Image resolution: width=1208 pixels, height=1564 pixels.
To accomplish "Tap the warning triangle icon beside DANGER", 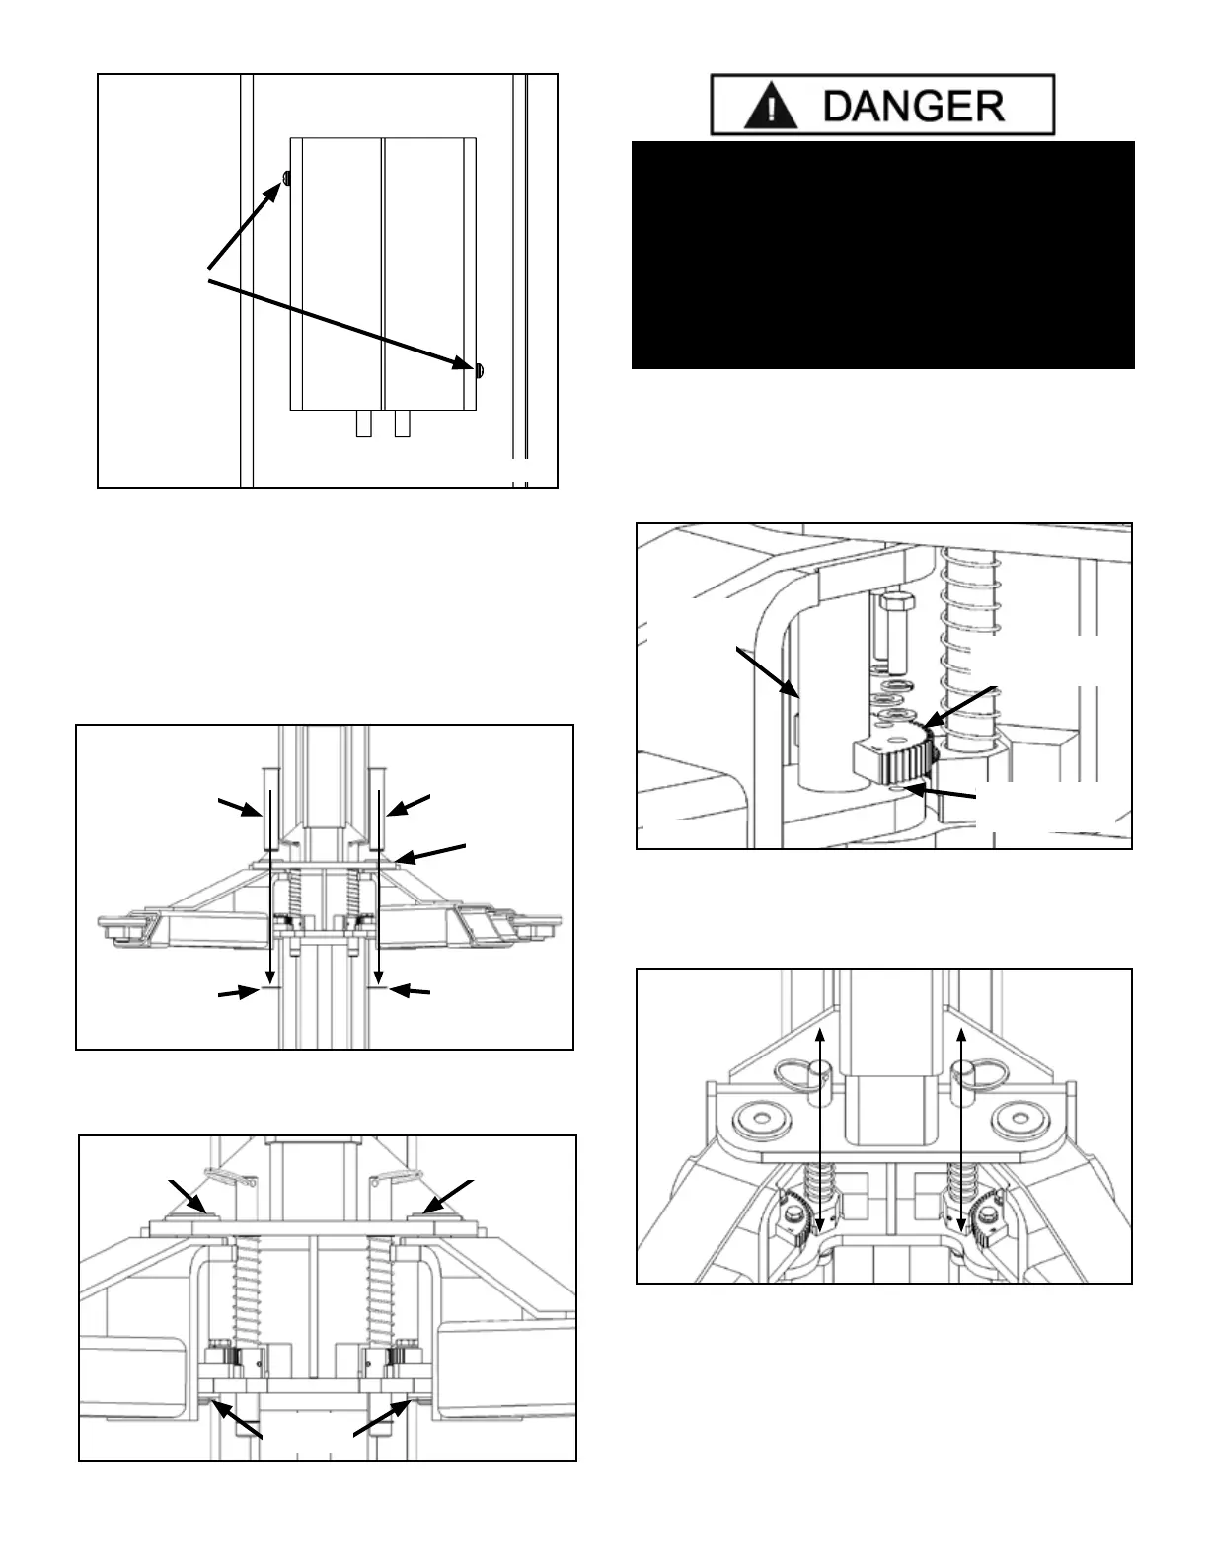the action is (772, 106).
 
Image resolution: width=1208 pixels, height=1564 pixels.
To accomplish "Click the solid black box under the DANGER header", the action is (882, 255).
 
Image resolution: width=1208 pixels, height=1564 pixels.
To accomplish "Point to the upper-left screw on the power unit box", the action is (285, 177).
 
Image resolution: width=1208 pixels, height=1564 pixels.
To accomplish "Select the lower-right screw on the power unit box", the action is (480, 370).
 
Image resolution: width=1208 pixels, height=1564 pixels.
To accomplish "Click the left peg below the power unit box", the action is (363, 424).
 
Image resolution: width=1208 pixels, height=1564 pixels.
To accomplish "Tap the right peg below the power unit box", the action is (402, 424).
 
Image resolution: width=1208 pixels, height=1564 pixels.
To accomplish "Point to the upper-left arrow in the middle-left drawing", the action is (240, 809).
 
